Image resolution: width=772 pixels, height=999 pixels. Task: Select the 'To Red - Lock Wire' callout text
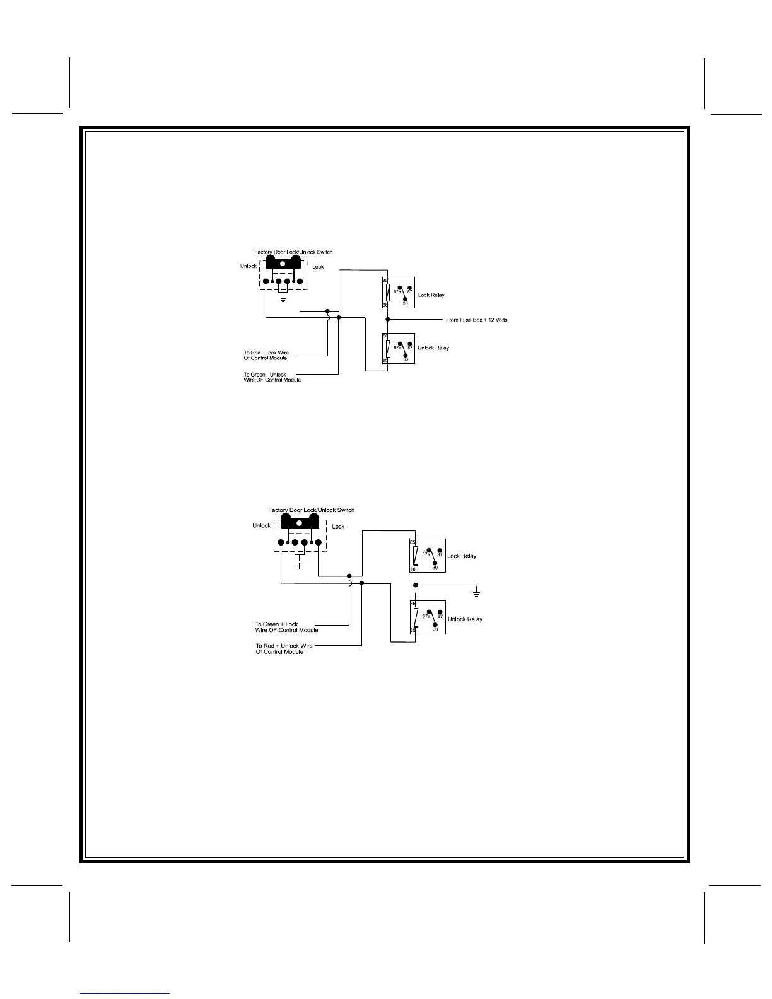point(266,355)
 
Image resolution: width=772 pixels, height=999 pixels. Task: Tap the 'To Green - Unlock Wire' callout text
point(272,377)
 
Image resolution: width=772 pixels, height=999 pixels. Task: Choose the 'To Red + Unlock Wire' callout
point(284,649)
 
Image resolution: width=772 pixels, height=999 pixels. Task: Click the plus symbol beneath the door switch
point(300,566)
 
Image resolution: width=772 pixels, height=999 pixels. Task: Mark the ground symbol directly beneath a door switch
point(283,298)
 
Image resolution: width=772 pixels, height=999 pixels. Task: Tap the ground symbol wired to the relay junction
point(477,593)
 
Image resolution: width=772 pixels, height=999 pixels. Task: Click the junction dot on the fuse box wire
point(387,320)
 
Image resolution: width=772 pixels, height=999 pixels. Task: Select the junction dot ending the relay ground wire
point(416,585)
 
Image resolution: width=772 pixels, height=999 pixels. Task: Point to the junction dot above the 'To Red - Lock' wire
point(327,311)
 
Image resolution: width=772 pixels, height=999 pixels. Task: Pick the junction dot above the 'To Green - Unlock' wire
point(339,318)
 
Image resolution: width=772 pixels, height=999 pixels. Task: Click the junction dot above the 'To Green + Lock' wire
point(349,576)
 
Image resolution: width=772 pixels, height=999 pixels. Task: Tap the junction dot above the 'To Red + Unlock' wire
point(361,583)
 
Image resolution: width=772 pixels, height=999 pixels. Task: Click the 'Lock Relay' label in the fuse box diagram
point(431,295)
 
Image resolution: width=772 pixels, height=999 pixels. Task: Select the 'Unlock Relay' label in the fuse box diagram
point(433,348)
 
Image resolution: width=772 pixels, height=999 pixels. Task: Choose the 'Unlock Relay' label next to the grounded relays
point(465,619)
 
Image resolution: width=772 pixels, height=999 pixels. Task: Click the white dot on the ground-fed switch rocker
point(283,262)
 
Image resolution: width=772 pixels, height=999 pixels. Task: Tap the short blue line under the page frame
point(125,993)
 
